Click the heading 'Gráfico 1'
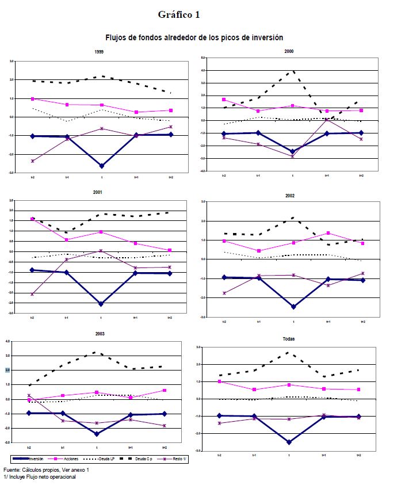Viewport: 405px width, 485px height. pyautogui.click(x=178, y=14)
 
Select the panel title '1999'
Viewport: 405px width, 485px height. pyautogui.click(x=99, y=52)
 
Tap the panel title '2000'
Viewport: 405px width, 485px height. pyautogui.click(x=289, y=51)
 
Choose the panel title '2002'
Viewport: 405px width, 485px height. pyautogui.click(x=289, y=196)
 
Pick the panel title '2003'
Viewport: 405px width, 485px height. pyautogui.click(x=99, y=334)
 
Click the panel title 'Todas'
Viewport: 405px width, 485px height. pyautogui.click(x=289, y=339)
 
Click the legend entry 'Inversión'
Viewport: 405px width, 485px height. pyautogui.click(x=36, y=459)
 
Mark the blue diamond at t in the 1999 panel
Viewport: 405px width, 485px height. pyautogui.click(x=102, y=166)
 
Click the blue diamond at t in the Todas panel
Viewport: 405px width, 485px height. pyautogui.click(x=289, y=442)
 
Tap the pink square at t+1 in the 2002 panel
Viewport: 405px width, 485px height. pyautogui.click(x=328, y=233)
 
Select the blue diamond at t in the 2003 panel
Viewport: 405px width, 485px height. pyautogui.click(x=97, y=434)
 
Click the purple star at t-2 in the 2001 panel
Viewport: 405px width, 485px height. pyautogui.click(x=32, y=294)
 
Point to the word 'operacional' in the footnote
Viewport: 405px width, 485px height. pyautogui.click(x=62, y=476)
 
